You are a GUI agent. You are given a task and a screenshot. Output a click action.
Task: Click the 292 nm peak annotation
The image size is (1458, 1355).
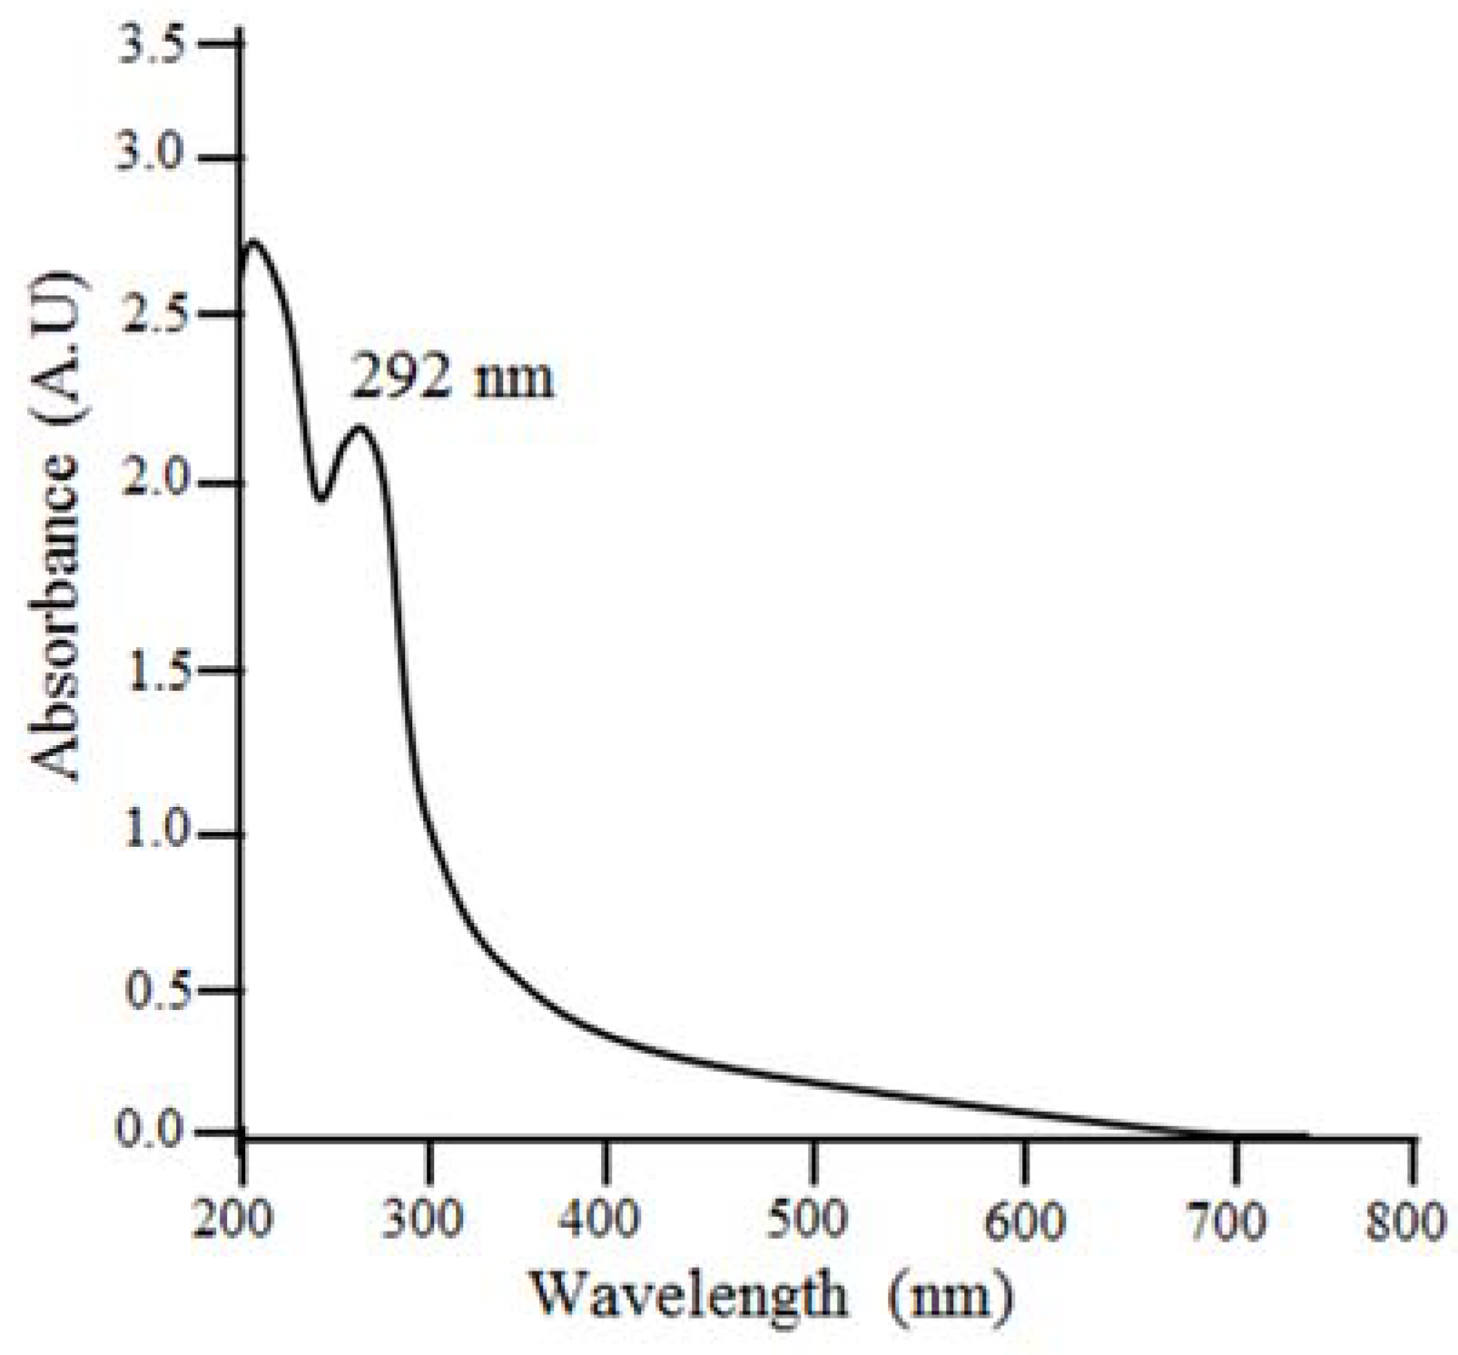point(451,378)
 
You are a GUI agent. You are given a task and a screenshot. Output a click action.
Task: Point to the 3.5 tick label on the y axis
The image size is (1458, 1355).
point(153,45)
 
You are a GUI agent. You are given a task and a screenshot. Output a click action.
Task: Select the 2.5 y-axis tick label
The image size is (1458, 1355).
point(151,314)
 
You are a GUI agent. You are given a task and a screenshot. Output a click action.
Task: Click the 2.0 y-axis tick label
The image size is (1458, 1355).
point(151,483)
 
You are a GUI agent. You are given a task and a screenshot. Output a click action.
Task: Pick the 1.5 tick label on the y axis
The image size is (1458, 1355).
point(153,671)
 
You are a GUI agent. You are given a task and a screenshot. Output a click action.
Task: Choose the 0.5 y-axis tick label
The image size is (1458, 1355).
point(151,991)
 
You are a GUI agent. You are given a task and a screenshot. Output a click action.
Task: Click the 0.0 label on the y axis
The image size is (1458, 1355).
point(151,1132)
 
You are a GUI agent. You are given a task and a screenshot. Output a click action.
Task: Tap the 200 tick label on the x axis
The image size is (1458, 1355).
point(232,1220)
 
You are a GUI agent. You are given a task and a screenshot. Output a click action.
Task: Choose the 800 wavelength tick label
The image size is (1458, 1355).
point(1406,1220)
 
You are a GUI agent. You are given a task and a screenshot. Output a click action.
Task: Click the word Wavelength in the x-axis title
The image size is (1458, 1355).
point(686,1296)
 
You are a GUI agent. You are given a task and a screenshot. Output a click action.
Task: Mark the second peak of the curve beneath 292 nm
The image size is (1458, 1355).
point(360,427)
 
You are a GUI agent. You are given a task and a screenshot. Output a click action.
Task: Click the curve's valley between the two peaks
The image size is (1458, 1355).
point(320,498)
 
